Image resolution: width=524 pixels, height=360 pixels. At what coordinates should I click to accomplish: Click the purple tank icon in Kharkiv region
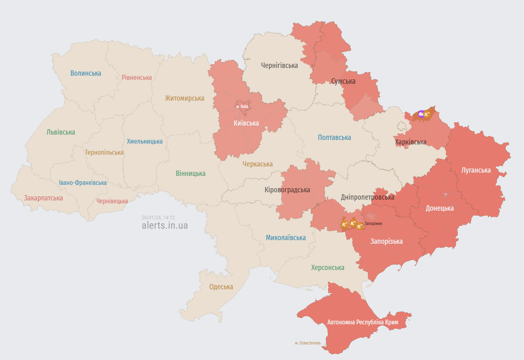click(421, 114)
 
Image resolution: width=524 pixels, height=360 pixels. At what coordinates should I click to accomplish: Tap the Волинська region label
click(85, 73)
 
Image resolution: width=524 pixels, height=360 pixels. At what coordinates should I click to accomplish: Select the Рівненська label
click(137, 77)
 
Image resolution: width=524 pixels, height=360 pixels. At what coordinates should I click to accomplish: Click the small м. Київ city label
click(242, 106)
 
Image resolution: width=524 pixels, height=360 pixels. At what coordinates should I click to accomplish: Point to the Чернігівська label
click(280, 65)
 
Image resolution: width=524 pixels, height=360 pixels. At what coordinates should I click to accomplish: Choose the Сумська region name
click(343, 81)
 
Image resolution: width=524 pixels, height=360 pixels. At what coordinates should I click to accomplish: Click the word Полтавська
click(334, 137)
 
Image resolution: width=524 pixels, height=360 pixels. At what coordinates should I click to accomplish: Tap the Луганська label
click(476, 170)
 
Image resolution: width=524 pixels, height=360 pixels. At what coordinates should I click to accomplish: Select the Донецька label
click(439, 208)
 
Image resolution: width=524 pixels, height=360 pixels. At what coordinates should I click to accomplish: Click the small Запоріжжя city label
click(373, 223)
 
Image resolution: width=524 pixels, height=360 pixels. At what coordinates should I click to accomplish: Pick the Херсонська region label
click(327, 268)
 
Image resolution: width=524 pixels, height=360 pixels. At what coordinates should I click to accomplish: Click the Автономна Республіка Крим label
click(363, 322)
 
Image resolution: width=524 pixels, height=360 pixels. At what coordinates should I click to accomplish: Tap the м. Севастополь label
click(307, 343)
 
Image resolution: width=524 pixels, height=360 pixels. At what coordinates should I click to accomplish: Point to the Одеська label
click(221, 287)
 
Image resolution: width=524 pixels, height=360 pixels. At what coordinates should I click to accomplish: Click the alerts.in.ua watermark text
click(165, 225)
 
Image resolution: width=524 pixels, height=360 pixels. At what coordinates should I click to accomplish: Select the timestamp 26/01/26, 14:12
click(158, 218)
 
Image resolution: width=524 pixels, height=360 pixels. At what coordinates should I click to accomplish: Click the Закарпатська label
click(43, 198)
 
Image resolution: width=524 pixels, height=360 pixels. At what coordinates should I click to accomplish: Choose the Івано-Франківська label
click(83, 183)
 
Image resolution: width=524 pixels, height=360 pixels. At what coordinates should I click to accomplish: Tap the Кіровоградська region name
click(287, 190)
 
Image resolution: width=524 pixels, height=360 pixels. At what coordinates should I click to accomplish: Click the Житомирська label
click(184, 98)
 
